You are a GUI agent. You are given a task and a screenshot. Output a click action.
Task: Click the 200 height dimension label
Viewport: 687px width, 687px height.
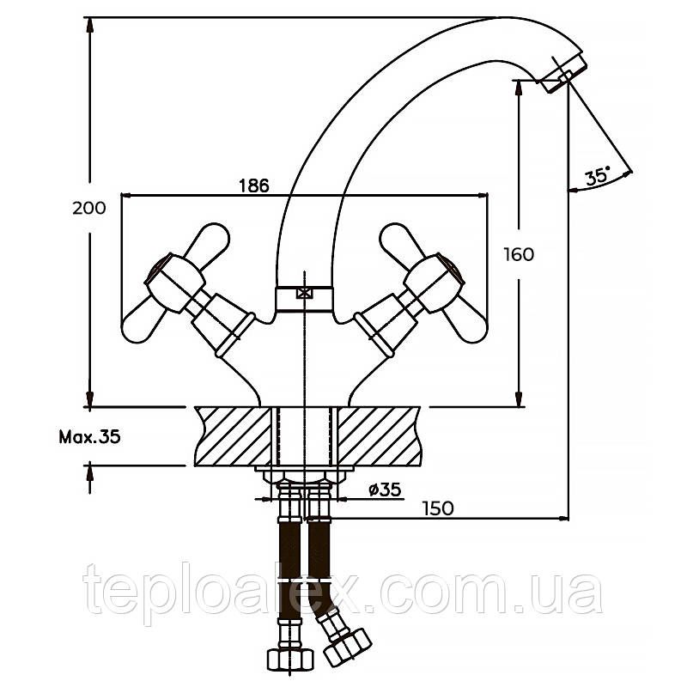point(89,208)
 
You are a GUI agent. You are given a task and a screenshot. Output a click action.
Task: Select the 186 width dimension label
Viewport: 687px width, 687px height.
point(254,185)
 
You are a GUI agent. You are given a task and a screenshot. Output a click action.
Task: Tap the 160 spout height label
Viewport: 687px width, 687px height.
point(519,254)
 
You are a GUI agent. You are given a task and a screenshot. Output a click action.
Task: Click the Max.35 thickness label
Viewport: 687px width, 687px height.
point(89,437)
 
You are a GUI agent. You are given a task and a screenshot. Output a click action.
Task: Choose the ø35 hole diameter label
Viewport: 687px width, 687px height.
point(385,489)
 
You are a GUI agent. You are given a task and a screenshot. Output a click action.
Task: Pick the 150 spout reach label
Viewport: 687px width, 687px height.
point(438,508)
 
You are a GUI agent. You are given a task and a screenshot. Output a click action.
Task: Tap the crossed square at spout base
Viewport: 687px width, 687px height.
point(303,293)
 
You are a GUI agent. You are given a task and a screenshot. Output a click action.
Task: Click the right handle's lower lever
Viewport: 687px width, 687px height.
point(465,323)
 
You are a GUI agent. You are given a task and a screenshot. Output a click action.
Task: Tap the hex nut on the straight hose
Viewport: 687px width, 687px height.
point(291,656)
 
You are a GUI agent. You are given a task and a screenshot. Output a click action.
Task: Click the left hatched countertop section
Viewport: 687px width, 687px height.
point(234,436)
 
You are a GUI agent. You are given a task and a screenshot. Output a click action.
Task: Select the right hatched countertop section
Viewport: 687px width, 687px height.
point(377,436)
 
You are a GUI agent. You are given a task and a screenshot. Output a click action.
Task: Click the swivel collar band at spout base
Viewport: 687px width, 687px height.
point(303,300)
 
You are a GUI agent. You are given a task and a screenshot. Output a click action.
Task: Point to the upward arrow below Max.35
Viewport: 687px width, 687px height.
point(90,478)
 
